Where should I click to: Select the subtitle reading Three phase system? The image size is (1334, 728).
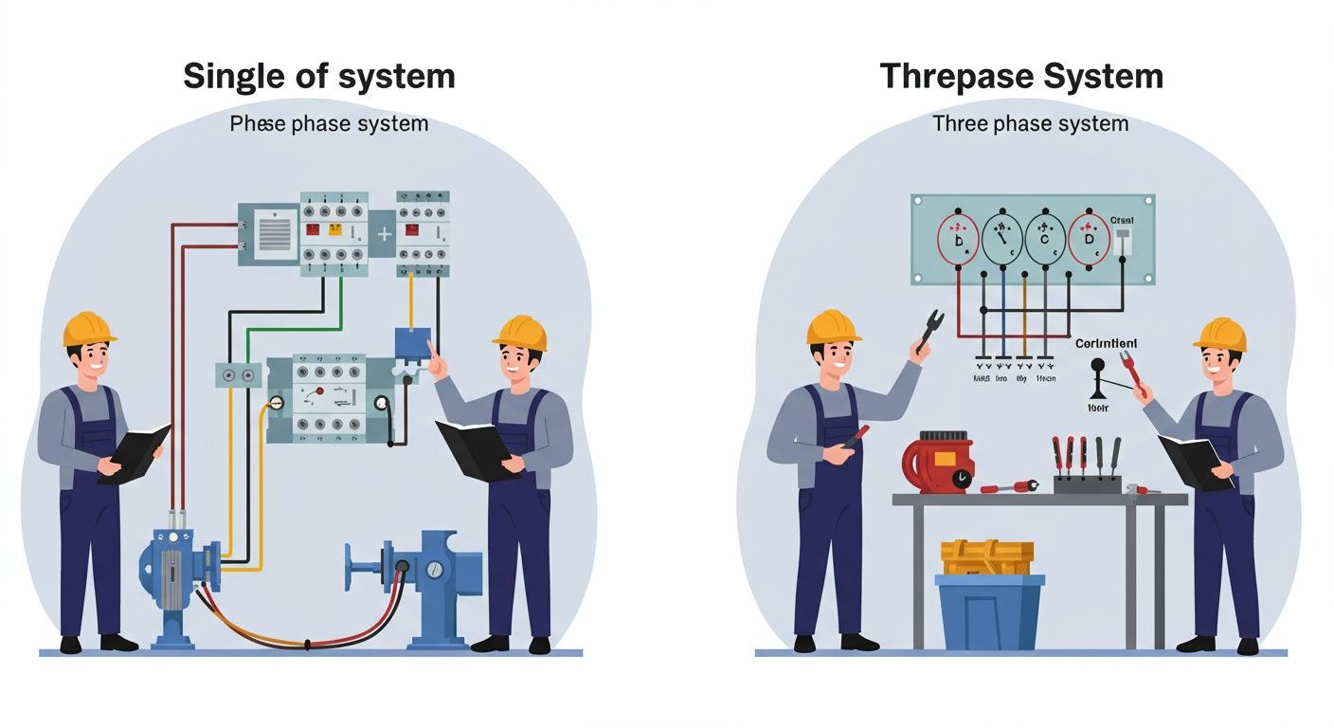[1030, 123]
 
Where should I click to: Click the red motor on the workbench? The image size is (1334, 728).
[939, 462]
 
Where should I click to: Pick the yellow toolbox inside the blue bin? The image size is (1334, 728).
[987, 557]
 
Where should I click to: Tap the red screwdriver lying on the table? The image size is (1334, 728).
[1009, 487]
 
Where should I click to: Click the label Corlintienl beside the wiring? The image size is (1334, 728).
[1107, 343]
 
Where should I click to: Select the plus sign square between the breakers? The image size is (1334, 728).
[383, 233]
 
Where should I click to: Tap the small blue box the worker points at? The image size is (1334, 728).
[412, 341]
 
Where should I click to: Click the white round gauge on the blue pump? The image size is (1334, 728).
[434, 570]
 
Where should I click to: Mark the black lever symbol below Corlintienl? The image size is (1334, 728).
[1099, 378]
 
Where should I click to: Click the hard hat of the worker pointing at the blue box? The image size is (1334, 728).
[520, 333]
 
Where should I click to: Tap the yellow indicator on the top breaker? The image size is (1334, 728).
[333, 229]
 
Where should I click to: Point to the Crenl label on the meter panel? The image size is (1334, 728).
[1121, 218]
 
